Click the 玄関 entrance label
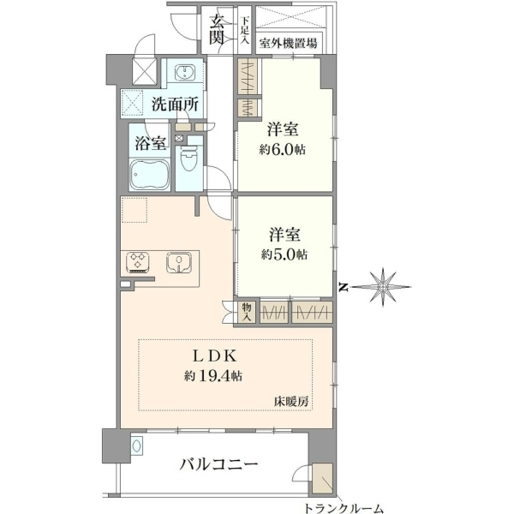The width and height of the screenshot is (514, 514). (217, 30)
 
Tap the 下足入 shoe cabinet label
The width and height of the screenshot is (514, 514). (245, 30)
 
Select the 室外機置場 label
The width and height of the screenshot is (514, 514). (288, 43)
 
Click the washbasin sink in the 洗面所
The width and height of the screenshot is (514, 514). (185, 72)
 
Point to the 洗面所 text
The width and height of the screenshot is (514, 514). (175, 105)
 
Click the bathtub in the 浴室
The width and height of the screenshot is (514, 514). (149, 175)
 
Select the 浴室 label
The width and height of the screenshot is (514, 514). (150, 143)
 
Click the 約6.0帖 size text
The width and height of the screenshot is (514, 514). (283, 150)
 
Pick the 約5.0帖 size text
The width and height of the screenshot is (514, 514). (284, 254)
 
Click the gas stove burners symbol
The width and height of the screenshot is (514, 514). (138, 262)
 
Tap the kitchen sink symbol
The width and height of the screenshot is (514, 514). (179, 262)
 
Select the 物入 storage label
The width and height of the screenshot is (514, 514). (247, 312)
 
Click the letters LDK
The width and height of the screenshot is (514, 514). (214, 356)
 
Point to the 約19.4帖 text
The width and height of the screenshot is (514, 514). (213, 376)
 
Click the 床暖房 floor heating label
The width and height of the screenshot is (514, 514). (291, 401)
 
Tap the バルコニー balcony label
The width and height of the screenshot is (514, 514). (218, 464)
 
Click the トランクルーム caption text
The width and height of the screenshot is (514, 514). (344, 508)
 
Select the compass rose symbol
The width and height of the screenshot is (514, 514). (383, 287)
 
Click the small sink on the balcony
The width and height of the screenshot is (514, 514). (137, 445)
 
